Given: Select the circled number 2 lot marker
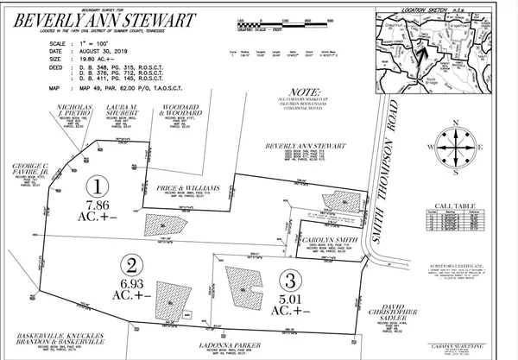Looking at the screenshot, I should point(131,263).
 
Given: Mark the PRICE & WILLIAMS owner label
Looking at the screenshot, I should point(194,186).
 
